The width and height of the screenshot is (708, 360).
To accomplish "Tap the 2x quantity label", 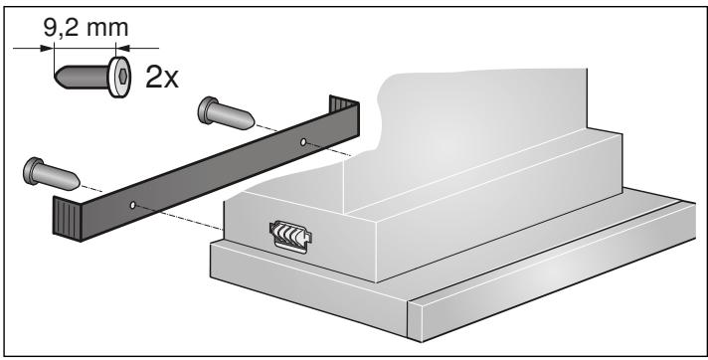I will tap(162, 78).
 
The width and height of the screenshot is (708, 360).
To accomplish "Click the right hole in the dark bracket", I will tap(303, 142).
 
